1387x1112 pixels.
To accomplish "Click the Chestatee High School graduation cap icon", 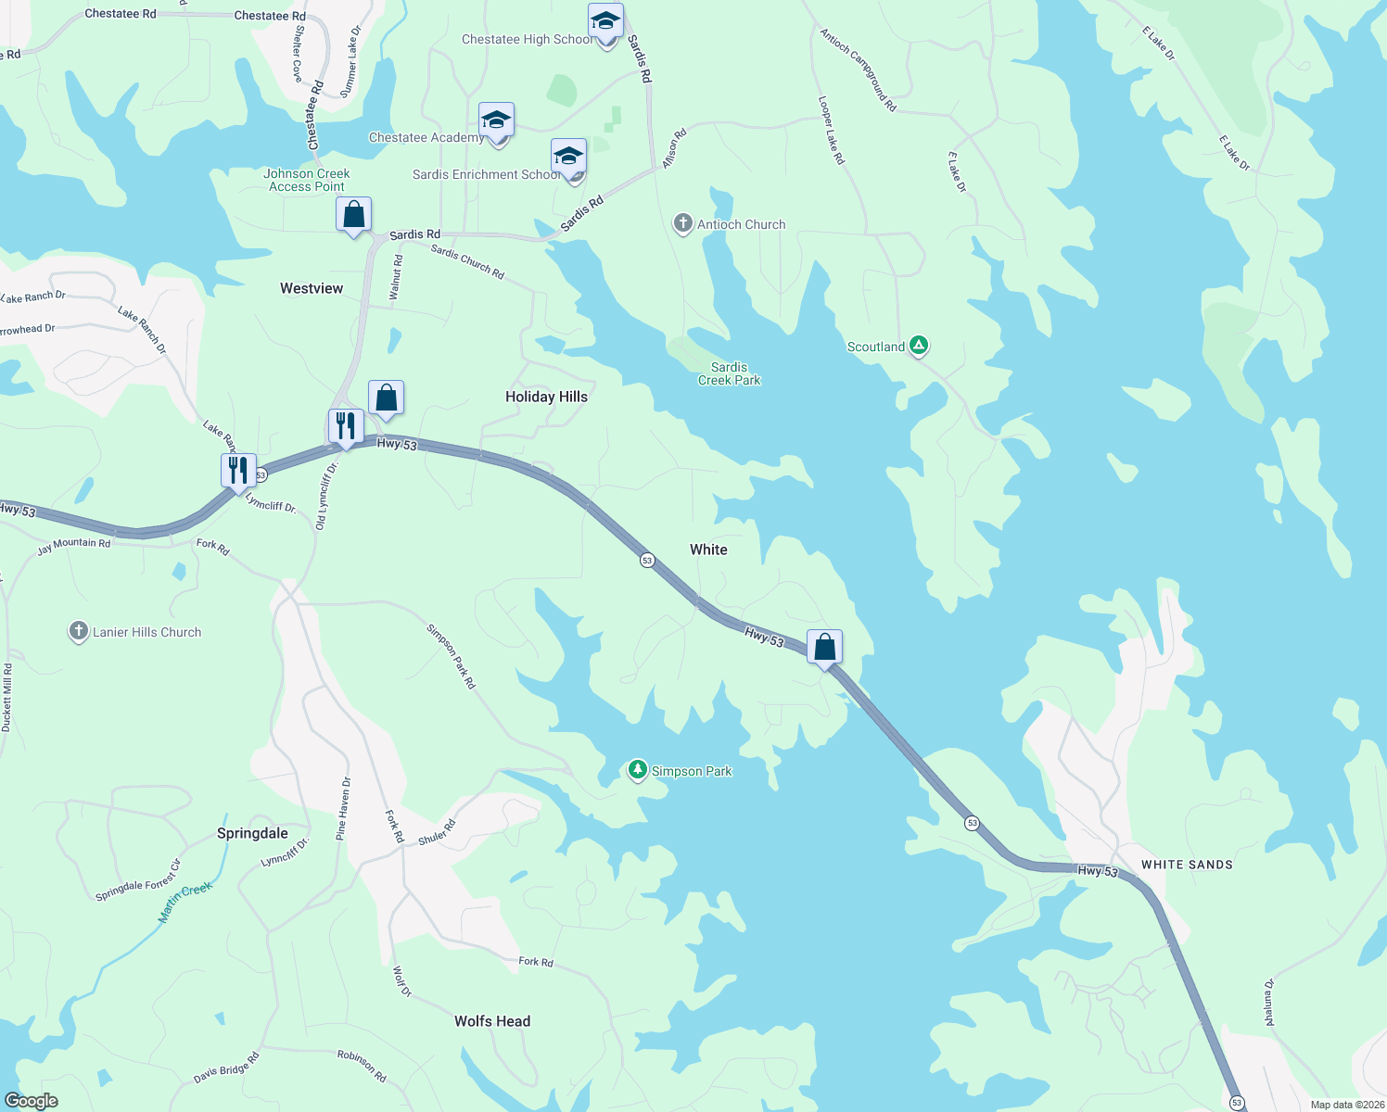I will (x=605, y=21).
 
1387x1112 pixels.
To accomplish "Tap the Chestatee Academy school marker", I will (x=496, y=120).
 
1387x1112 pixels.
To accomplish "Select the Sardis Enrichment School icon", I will (x=568, y=157).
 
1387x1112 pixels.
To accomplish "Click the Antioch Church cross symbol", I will (x=683, y=223).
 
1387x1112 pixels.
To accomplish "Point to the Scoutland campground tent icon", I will (x=919, y=346).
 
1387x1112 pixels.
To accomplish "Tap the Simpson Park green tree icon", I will (x=637, y=770).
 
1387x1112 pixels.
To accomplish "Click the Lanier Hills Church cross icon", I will (x=79, y=631).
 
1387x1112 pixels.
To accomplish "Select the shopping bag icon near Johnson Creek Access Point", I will (x=353, y=215).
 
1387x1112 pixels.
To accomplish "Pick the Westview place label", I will (x=312, y=288).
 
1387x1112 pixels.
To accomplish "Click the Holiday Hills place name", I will (x=546, y=397).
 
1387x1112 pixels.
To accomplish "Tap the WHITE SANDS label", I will (x=1187, y=865).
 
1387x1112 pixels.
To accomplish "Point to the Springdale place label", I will (x=252, y=833).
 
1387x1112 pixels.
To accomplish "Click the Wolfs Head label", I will (x=492, y=1021).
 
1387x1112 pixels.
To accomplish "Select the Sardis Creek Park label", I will (x=729, y=373).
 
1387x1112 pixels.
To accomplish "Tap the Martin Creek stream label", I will (x=185, y=902).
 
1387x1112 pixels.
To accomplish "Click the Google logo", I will (x=31, y=1101).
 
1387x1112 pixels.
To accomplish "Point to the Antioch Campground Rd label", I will (x=858, y=69).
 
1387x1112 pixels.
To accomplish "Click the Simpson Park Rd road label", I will (x=451, y=656).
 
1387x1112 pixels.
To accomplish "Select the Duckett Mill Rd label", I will (x=7, y=697).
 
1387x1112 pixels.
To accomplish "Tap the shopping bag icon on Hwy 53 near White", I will (x=824, y=648).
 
